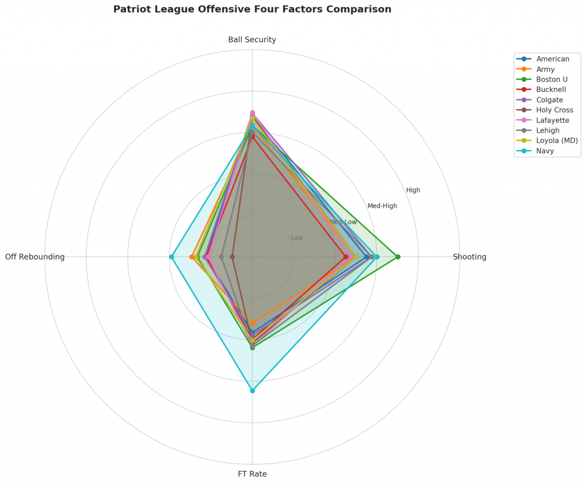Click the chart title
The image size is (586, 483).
coord(252,9)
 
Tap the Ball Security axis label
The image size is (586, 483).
coord(252,40)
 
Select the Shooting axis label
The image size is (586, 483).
coord(469,257)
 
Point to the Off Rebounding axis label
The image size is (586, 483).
coord(35,257)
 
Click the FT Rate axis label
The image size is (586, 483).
coord(252,474)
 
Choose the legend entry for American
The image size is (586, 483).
coord(553,59)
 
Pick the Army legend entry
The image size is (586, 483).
coord(546,69)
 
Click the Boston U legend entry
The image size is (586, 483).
coord(552,79)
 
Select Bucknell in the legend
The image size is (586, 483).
coord(551,90)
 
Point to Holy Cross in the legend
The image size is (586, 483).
coord(555,110)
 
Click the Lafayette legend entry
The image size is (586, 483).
coord(553,121)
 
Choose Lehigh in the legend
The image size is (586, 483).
coord(548,130)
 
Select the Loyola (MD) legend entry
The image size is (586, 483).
coord(557,141)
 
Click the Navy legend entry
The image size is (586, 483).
coord(545,151)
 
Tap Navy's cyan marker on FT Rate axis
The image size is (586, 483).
coord(252,391)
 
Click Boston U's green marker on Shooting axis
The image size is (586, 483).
coord(398,257)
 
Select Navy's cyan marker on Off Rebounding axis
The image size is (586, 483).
coord(171,257)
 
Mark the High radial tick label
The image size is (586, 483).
coord(413,190)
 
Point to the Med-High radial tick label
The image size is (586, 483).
coord(382,206)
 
